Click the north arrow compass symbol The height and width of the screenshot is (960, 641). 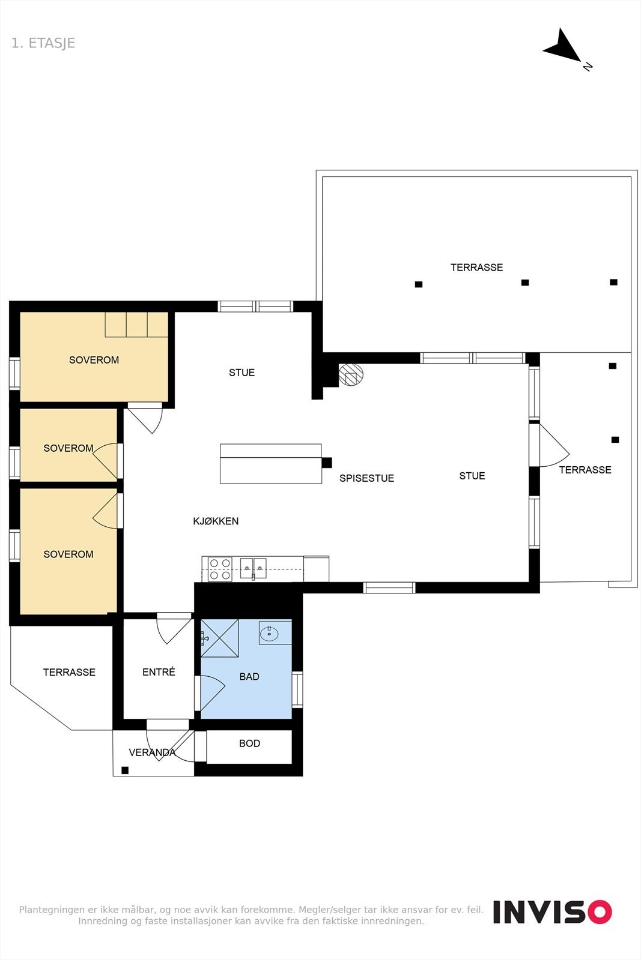pos(563,47)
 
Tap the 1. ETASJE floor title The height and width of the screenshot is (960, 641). pos(43,43)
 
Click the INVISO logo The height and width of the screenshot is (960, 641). pos(552,912)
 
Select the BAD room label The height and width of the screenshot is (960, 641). pos(249,677)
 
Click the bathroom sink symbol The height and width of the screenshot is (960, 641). pos(269,632)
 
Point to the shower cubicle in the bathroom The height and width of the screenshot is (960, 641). pos(220,638)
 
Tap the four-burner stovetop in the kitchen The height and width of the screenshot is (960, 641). pos(220,569)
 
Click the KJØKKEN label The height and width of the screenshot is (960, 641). pos(216,521)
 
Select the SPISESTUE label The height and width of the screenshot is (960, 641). pos(366,478)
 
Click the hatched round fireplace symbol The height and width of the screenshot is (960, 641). pos(351,375)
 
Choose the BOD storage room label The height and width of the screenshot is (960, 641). pos(249,743)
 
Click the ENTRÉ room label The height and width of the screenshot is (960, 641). pos(159,672)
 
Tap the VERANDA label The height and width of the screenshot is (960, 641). pos(152,752)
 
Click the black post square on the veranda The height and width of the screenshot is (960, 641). pos(125,770)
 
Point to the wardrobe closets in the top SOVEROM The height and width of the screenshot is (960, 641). pos(136,324)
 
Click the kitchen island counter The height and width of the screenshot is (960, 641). pos(270,464)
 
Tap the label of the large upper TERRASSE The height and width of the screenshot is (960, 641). pos(476,268)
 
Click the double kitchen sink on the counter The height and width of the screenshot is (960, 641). pos(254,567)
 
